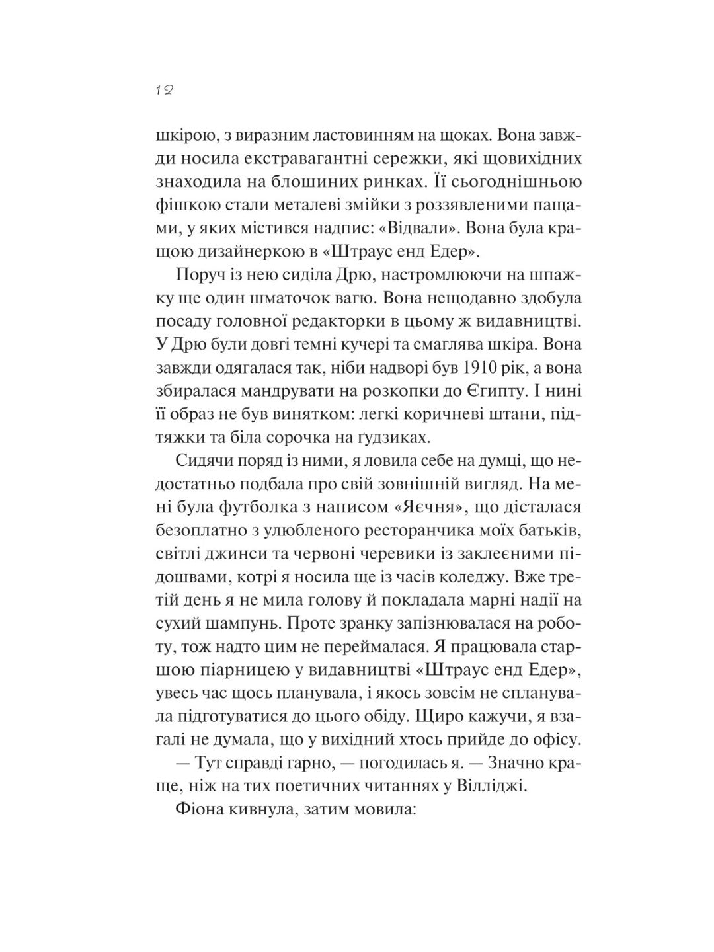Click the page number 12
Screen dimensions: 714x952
click(x=165, y=91)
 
